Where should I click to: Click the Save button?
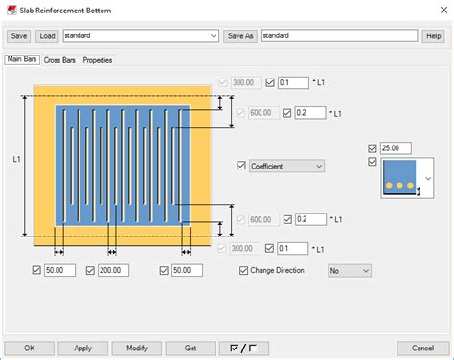(19, 36)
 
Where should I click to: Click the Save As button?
(240, 36)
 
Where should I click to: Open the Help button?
(433, 36)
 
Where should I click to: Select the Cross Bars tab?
(59, 59)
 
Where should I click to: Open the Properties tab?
(97, 59)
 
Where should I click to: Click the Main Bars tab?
(22, 59)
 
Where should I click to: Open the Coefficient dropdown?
(286, 166)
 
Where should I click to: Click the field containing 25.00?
(396, 148)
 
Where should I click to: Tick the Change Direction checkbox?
(243, 271)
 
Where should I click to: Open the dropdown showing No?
(349, 271)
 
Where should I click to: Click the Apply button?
(82, 348)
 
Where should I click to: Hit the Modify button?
(136, 348)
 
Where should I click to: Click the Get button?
(190, 348)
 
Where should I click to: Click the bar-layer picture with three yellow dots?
(400, 178)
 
